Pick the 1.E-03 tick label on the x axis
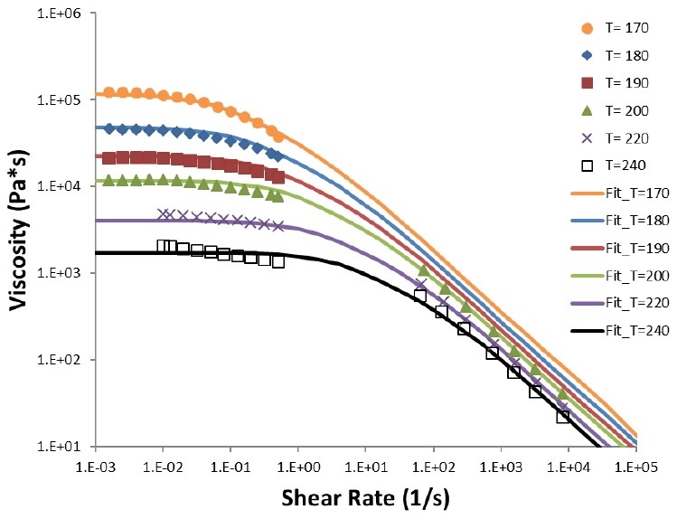(97, 467)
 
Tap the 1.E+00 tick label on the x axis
(298, 467)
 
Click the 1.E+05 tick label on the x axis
(635, 467)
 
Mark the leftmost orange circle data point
(109, 93)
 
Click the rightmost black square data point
(563, 416)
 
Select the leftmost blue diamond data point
(109, 128)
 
